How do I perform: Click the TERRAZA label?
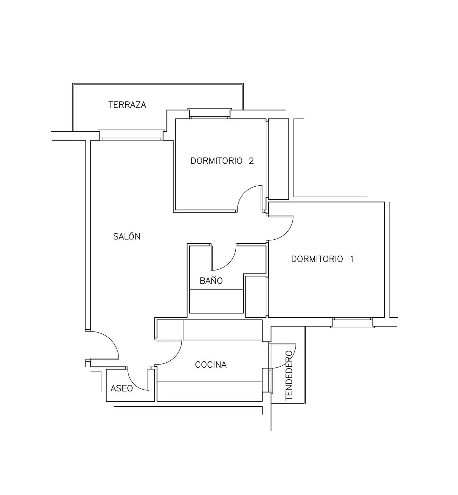pyautogui.click(x=127, y=105)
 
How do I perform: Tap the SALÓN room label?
pyautogui.click(x=127, y=236)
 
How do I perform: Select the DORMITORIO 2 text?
pyautogui.click(x=222, y=161)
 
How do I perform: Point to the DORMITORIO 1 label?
pyautogui.click(x=322, y=259)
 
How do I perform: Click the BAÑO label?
pyautogui.click(x=211, y=280)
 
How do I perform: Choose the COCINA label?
pyautogui.click(x=211, y=365)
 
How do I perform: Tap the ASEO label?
pyautogui.click(x=122, y=388)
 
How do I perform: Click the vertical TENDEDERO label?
pyautogui.click(x=289, y=375)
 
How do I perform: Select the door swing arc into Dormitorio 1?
pyautogui.click(x=286, y=234)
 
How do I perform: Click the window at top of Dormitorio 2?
pyautogui.click(x=209, y=113)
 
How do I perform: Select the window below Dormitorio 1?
pyautogui.click(x=352, y=322)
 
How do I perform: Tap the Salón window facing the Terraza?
pyautogui.click(x=132, y=135)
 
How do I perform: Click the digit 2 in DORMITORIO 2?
pyautogui.click(x=251, y=161)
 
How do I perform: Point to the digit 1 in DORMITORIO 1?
pyautogui.click(x=352, y=259)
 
